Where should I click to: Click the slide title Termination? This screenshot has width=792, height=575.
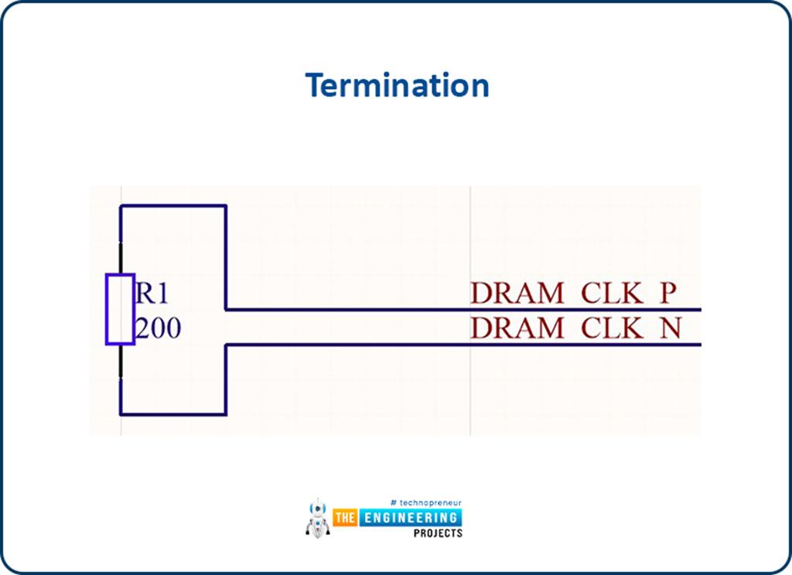click(397, 85)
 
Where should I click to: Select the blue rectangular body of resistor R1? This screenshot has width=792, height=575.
click(120, 309)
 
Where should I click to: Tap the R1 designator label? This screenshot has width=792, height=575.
click(152, 294)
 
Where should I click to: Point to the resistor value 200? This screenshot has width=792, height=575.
click(159, 328)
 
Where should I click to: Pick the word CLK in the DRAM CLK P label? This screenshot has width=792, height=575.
click(612, 294)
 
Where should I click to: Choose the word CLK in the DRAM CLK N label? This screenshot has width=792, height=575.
click(612, 328)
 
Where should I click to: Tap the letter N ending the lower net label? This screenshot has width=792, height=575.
click(669, 328)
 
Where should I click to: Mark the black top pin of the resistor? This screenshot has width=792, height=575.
click(121, 258)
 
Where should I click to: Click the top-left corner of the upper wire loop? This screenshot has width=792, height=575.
click(121, 206)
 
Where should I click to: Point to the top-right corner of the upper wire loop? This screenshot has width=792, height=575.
click(225, 206)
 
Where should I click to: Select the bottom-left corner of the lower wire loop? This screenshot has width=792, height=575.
click(121, 414)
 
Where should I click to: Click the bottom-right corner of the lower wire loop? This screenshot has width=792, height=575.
click(225, 414)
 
